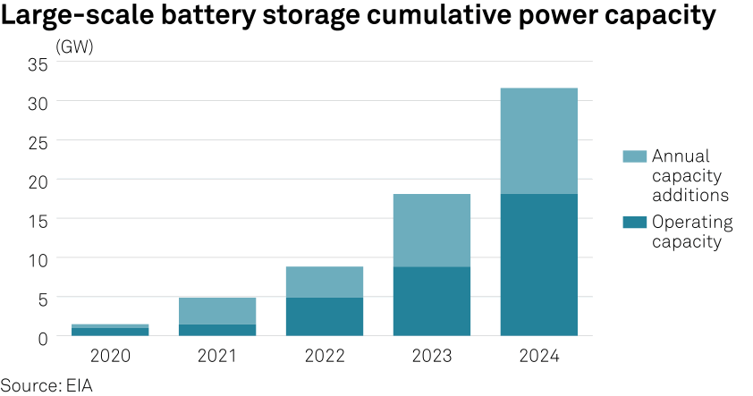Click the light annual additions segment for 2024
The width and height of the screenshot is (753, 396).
(538, 140)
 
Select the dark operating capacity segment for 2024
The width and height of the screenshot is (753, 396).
(538, 265)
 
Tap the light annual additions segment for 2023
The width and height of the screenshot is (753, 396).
(431, 230)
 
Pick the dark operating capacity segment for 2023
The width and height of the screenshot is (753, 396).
(431, 300)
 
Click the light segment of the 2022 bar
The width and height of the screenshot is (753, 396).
(324, 282)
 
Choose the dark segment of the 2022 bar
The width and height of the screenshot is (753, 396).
(324, 316)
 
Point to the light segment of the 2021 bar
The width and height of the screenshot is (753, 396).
(216, 310)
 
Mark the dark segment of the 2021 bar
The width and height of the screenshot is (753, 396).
(216, 330)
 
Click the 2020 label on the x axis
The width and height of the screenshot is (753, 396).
(110, 356)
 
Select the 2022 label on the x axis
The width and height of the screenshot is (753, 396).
(324, 356)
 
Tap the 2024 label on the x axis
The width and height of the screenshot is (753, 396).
(538, 356)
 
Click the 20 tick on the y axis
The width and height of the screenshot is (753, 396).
(37, 180)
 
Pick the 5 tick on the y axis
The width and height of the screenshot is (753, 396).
(42, 297)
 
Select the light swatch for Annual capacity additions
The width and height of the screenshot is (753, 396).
(634, 156)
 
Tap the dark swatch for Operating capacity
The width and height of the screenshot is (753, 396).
(634, 222)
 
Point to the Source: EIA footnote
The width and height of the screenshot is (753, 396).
(47, 385)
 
